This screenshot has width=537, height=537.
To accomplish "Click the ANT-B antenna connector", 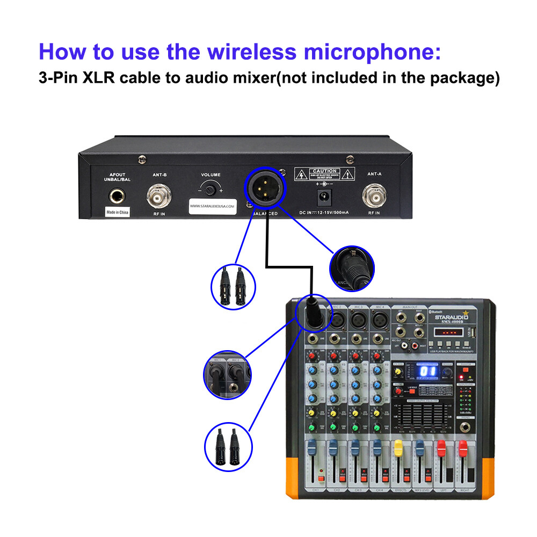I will [x=159, y=197].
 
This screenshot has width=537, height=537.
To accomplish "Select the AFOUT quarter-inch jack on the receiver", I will [x=118, y=197].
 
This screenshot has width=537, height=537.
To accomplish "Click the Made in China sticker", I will [x=117, y=213].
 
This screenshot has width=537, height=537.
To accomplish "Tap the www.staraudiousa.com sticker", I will [x=213, y=205].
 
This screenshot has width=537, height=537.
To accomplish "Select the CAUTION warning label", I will [x=324, y=174].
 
